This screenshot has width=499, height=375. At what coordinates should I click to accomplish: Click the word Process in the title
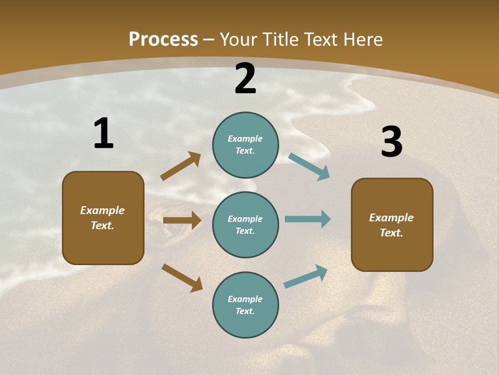163,40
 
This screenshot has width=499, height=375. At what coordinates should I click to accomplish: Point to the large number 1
103,134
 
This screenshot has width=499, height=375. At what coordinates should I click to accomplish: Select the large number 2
245,79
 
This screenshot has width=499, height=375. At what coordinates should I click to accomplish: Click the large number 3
391,142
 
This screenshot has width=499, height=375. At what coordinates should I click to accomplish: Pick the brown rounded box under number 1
103,218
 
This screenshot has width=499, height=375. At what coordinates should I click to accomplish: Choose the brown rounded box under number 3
392,225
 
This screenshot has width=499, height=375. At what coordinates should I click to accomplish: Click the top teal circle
245,145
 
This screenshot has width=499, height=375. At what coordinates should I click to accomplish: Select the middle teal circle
245,224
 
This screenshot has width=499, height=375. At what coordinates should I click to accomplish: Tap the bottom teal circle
245,305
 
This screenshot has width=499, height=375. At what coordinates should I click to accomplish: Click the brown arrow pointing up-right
180,166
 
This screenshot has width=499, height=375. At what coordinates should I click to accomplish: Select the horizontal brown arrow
182,220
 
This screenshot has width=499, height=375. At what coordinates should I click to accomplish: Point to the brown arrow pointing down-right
182,278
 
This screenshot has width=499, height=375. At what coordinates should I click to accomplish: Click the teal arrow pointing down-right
309,167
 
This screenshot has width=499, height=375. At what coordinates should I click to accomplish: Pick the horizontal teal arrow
307,219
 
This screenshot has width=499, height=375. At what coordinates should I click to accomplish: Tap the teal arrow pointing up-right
306,277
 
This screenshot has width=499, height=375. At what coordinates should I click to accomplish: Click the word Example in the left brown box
102,210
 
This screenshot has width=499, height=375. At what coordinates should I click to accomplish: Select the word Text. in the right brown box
391,233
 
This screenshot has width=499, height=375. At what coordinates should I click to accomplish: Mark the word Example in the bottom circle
245,299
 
